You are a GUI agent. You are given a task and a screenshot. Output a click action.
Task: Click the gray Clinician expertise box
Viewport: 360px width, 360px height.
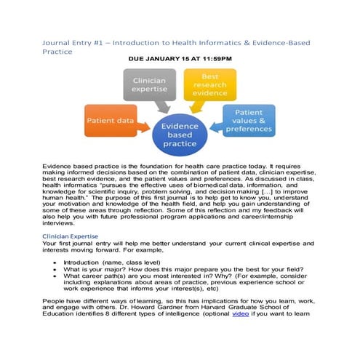click(x=150, y=85)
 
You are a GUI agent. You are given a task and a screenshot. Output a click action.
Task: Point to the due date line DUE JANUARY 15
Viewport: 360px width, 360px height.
click(x=180, y=57)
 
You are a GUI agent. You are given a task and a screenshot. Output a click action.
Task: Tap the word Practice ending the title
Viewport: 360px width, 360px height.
click(x=58, y=52)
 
